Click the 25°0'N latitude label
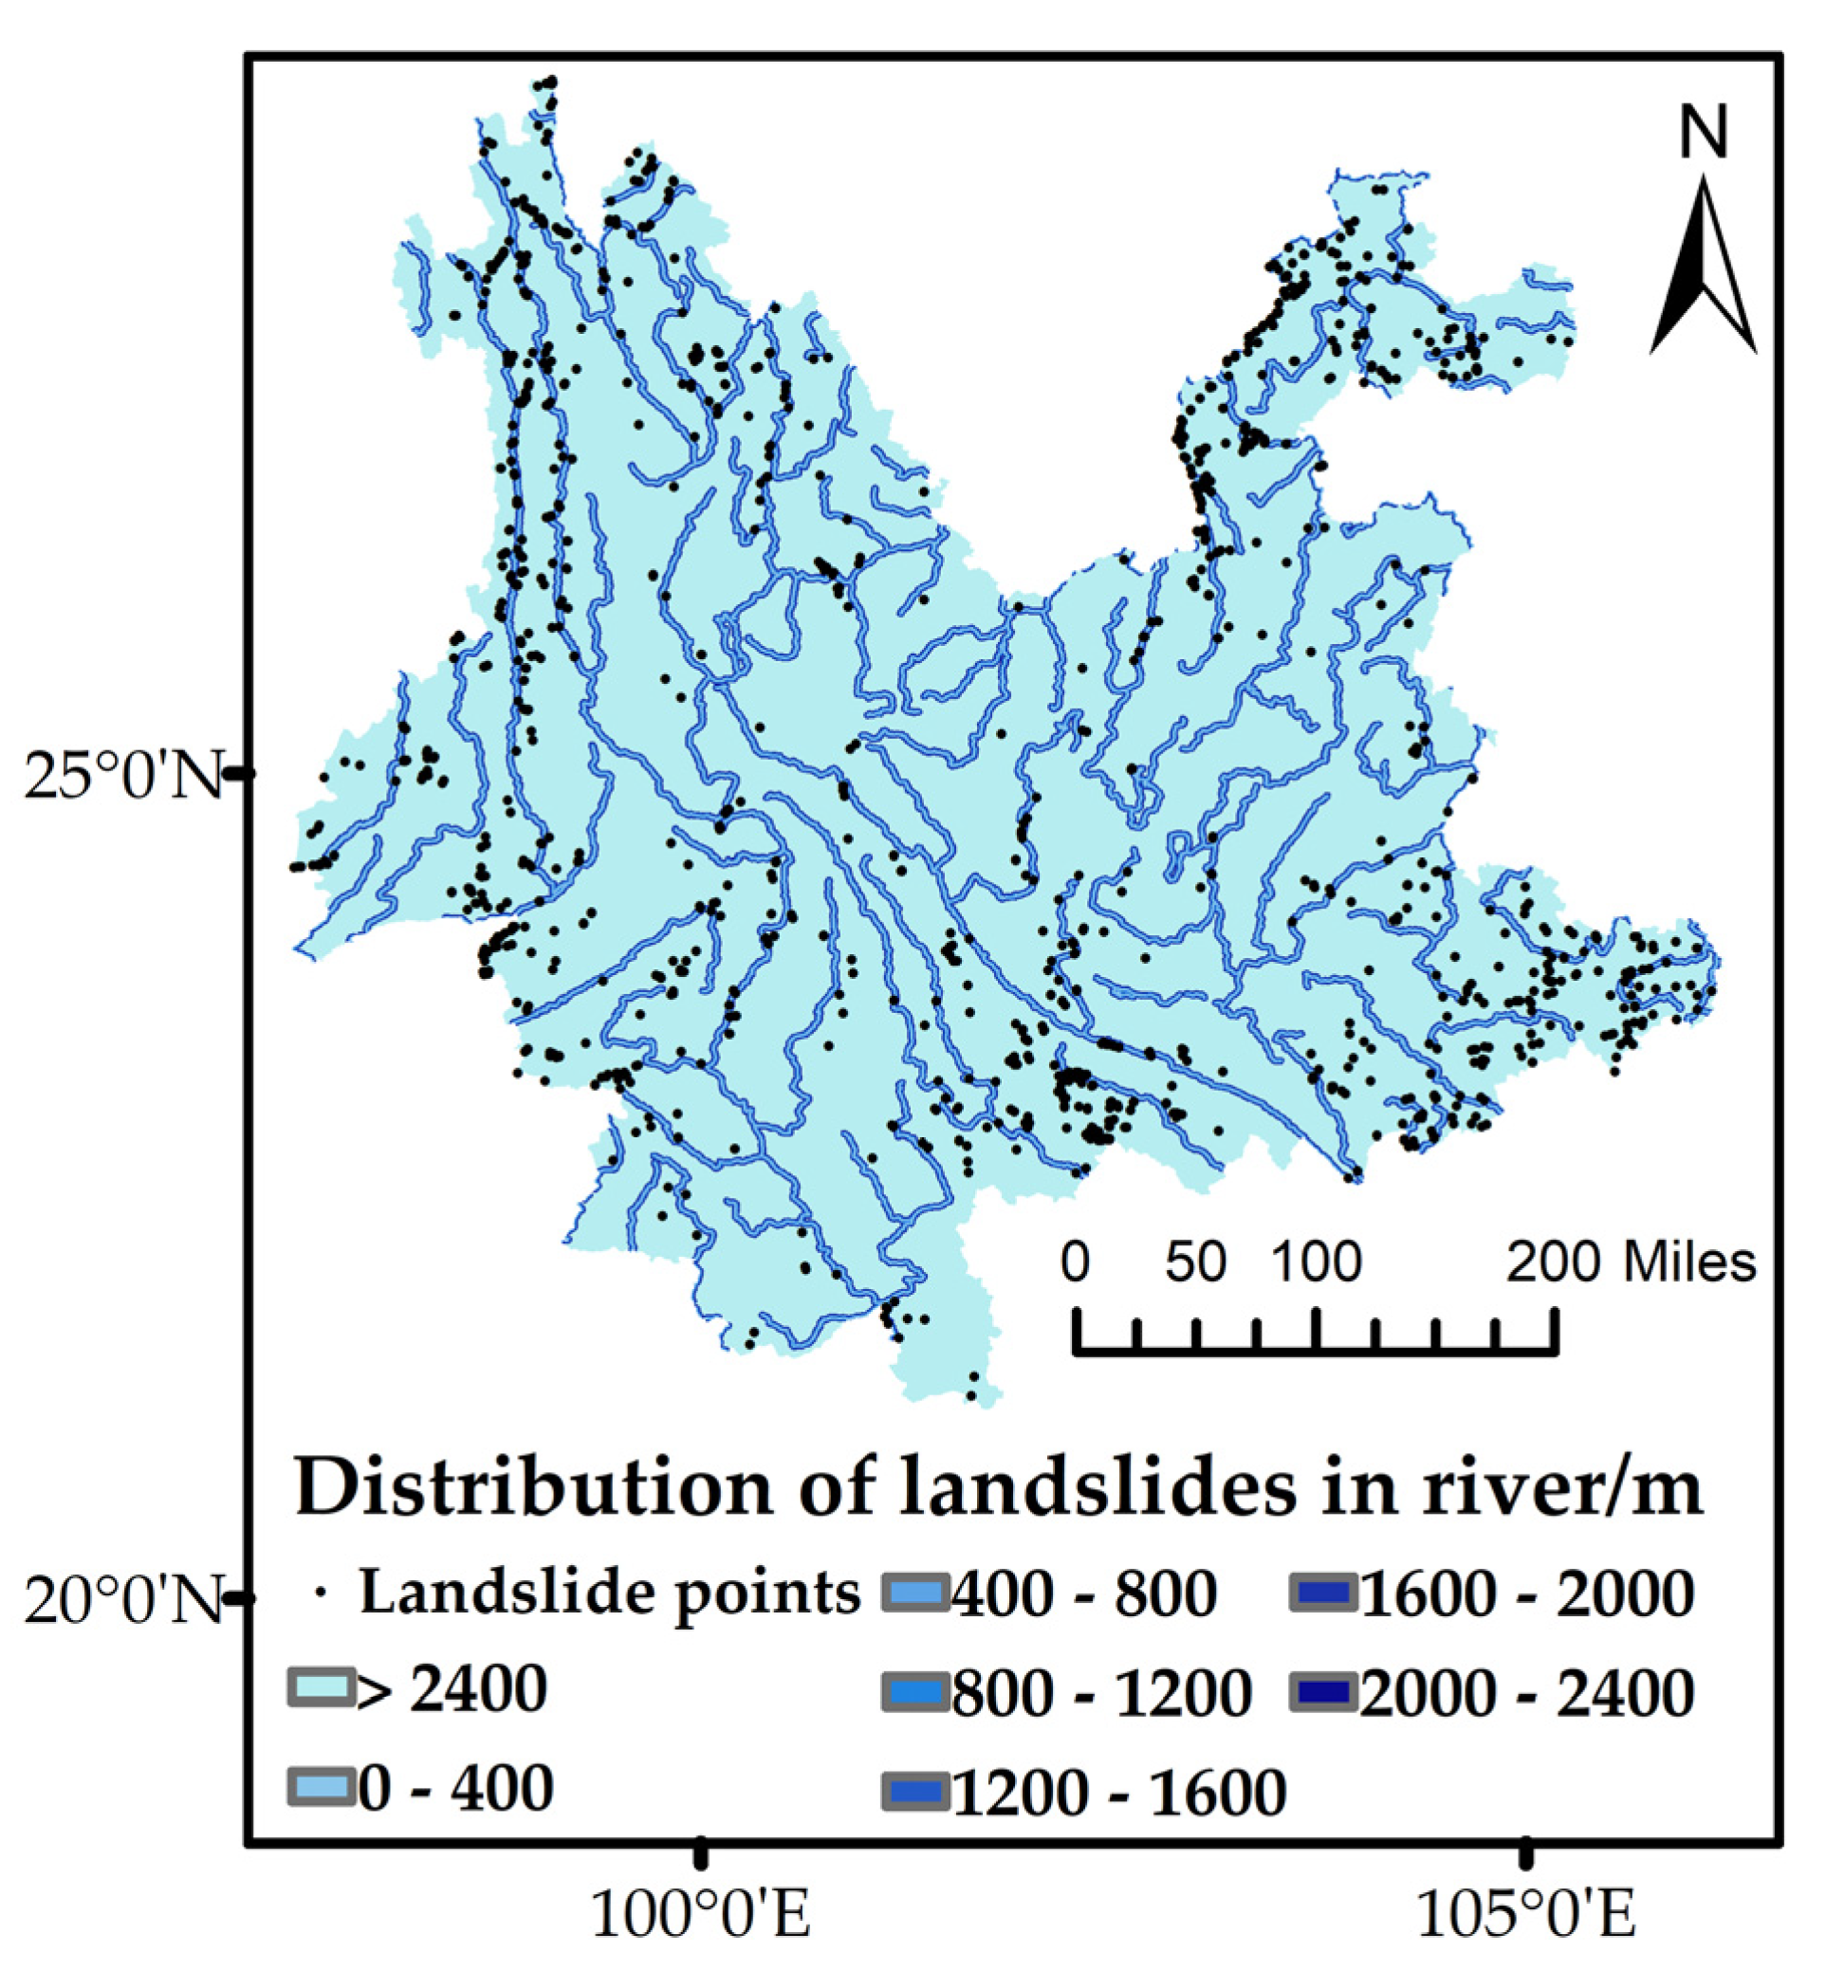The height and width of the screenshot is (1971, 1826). pos(122,776)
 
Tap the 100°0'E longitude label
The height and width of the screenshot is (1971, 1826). pos(701,1916)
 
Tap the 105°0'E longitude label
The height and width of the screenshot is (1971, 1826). pos(1526,1916)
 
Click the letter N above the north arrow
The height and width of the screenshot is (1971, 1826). pos(1704,134)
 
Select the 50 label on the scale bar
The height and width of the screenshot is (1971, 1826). pos(1194,1262)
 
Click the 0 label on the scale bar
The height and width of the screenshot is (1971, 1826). pos(1076,1262)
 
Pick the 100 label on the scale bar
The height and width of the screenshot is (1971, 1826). pos(1317,1262)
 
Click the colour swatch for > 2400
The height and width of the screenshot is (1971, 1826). pos(322,1687)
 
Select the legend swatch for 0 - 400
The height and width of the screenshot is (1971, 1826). pos(322,1786)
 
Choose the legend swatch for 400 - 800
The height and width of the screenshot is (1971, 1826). pos(915,1593)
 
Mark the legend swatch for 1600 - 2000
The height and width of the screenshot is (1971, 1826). pos(1323,1593)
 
